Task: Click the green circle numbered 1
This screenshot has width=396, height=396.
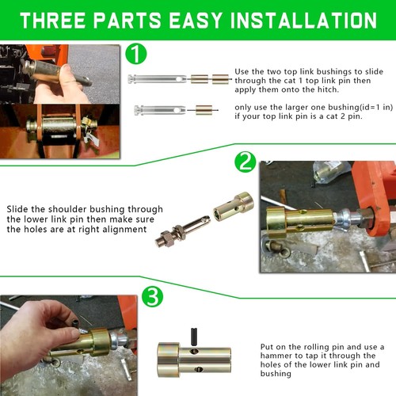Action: click(x=136, y=54)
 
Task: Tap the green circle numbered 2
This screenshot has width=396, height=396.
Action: click(x=246, y=162)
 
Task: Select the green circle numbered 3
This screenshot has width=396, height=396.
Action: click(x=152, y=296)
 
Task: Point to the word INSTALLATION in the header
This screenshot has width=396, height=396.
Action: click(x=303, y=21)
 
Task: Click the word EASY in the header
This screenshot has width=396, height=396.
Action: click(x=196, y=21)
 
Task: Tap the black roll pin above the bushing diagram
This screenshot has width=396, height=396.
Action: click(x=194, y=336)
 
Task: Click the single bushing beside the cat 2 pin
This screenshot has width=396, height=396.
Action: click(x=204, y=110)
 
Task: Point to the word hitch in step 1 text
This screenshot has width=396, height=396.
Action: click(x=327, y=89)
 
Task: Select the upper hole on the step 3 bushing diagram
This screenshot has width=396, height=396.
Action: click(x=194, y=351)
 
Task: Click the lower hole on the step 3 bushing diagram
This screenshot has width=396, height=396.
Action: click(x=199, y=369)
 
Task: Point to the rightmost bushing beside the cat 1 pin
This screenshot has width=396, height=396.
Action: click(x=220, y=79)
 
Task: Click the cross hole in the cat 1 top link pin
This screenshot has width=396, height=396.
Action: click(x=179, y=79)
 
